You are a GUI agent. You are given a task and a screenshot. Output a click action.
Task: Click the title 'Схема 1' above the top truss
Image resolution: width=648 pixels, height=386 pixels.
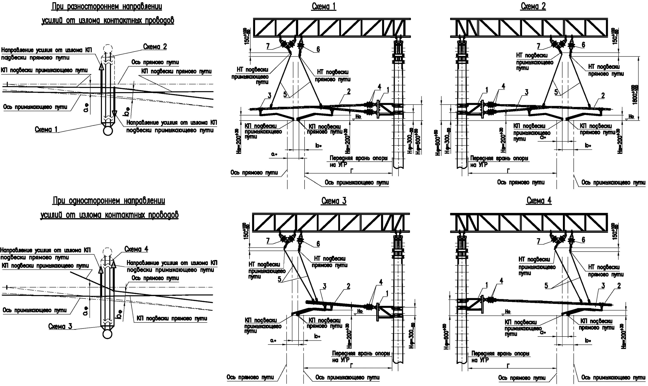point(324,6)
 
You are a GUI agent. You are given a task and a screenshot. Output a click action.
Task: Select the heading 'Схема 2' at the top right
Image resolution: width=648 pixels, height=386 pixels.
point(533,6)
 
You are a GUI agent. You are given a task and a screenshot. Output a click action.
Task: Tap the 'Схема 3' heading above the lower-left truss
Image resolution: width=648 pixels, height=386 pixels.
point(334,201)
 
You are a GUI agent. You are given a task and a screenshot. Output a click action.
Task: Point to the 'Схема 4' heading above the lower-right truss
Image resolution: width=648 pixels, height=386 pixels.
point(539,201)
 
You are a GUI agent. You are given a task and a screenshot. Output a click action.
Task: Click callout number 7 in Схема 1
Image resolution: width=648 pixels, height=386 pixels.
point(268,46)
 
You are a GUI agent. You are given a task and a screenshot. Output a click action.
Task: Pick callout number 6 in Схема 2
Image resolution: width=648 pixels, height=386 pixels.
point(583,45)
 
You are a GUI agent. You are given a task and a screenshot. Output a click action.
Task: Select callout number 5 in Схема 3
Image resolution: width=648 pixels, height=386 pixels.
point(280,279)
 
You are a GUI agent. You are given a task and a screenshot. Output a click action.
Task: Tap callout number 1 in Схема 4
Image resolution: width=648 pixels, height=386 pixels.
point(487,285)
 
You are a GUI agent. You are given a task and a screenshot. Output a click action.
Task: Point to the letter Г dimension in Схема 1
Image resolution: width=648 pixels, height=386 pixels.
point(352,170)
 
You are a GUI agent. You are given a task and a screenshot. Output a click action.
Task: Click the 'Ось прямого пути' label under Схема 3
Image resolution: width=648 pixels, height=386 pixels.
point(250,377)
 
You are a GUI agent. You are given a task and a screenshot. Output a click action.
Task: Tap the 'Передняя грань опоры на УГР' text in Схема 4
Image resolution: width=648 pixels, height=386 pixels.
point(500,357)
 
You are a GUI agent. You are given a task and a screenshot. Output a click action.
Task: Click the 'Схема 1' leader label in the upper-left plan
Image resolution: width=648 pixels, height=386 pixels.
point(46,129)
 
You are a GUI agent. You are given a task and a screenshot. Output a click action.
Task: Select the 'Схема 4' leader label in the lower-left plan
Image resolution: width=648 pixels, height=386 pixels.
point(136,249)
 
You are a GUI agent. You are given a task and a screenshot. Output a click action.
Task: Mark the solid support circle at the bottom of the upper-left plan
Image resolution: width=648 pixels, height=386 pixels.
point(108,131)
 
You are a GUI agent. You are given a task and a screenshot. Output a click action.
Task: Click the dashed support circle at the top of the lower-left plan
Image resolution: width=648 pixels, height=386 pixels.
point(107,252)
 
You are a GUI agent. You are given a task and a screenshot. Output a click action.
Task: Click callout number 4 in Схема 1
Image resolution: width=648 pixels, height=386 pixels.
point(380,87)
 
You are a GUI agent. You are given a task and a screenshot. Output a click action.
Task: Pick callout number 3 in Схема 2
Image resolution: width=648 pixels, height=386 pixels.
point(526,92)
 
